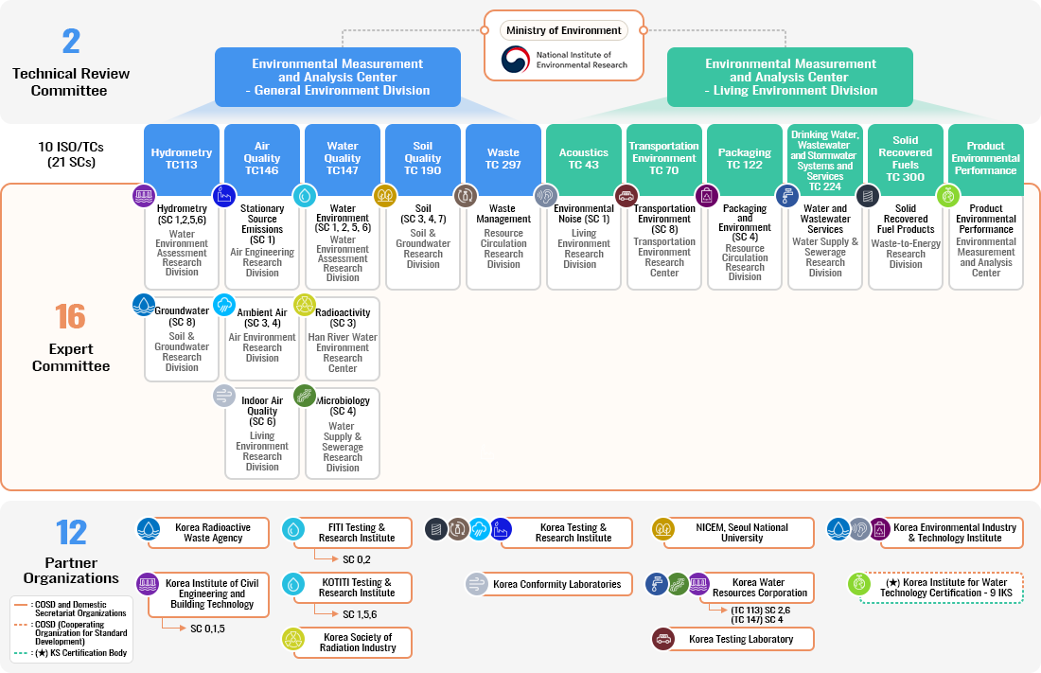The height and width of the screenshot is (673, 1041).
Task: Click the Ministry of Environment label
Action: pos(564,30)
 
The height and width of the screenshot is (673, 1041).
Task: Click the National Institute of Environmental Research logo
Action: pos(516,60)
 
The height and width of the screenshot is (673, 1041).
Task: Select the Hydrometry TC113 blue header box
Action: pos(182,157)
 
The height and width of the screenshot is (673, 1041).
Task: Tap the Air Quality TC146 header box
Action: pos(262,157)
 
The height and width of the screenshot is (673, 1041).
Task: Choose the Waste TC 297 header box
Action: pos(503,157)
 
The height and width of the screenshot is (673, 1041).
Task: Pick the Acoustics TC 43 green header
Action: pos(584,157)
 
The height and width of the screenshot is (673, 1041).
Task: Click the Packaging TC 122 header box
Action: pos(745,157)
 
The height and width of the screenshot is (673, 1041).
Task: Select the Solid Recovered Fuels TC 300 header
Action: pos(906,157)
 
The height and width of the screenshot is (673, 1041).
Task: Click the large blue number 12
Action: pos(71,533)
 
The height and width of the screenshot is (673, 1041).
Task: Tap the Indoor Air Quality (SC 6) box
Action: pos(262,433)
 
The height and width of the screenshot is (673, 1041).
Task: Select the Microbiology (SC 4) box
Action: pos(343,433)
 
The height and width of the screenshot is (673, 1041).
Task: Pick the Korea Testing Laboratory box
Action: pos(741,639)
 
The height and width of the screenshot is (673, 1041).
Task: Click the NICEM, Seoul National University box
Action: pos(741,532)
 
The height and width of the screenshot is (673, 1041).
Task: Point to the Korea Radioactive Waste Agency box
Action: pos(213,532)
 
